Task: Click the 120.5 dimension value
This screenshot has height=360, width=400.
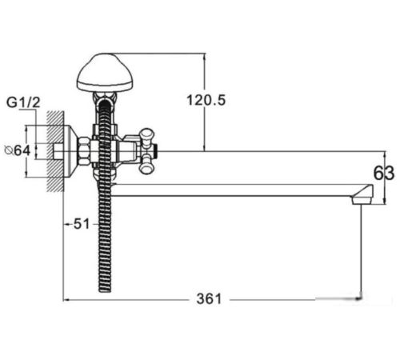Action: (x=206, y=101)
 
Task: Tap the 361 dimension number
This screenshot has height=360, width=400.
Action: (x=209, y=299)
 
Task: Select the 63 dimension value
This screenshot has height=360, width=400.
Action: (x=384, y=174)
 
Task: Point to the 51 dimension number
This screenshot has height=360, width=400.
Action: (x=82, y=224)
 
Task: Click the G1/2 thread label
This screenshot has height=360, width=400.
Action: (x=23, y=102)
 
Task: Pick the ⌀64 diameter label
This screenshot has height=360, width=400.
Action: (x=18, y=151)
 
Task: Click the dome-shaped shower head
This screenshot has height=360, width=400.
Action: (x=104, y=72)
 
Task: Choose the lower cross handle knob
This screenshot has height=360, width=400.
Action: (x=146, y=166)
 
